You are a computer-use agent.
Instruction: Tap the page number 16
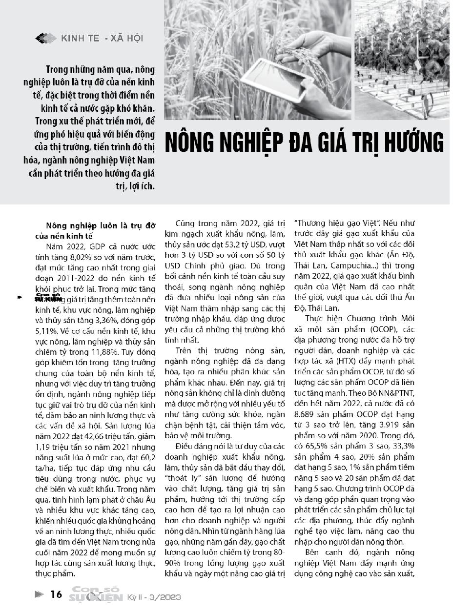[57, 594]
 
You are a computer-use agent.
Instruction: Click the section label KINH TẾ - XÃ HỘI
[102, 38]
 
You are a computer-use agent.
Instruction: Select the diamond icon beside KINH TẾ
[46, 38]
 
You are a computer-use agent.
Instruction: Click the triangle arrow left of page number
[40, 594]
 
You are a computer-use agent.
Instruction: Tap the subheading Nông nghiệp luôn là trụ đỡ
[100, 225]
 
